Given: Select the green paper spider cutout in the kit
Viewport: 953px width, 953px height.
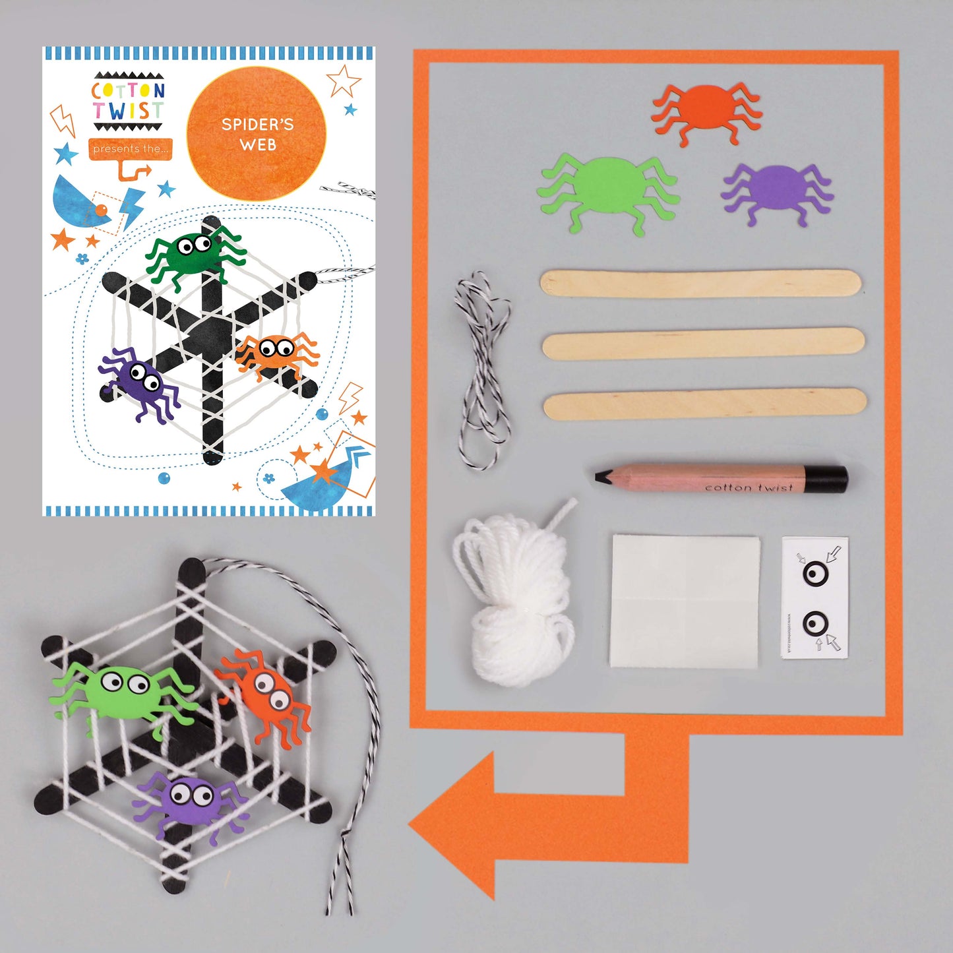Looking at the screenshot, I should point(607,188).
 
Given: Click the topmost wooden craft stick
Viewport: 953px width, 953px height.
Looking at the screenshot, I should point(700,284).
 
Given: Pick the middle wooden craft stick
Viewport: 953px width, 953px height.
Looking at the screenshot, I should point(702,344).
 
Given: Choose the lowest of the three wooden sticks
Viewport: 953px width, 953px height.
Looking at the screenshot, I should point(704,404).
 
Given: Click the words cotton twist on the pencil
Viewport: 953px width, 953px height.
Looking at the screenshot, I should point(748,487).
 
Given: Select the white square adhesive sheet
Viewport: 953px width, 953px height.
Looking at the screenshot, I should point(685,601).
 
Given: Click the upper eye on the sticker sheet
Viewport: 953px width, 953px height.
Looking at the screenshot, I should point(815,573).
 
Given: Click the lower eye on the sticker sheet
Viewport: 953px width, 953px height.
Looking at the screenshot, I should point(815,623).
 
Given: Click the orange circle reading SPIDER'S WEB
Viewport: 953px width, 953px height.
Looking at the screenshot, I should point(257,135).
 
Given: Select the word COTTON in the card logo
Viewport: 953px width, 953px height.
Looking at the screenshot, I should point(128,90).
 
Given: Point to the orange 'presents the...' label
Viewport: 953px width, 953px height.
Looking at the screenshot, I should point(130,149).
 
